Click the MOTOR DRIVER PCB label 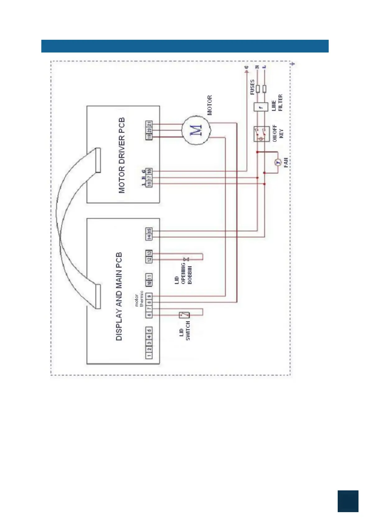(x=122, y=155)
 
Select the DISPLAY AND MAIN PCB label (x=119, y=296)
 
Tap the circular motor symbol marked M (x=196, y=130)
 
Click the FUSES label (x=252, y=87)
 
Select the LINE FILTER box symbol (x=261, y=107)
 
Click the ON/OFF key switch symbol (x=261, y=134)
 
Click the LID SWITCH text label (x=185, y=331)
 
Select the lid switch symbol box (x=184, y=315)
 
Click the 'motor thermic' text (x=139, y=299)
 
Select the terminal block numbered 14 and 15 (x=149, y=234)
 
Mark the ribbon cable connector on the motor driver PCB (x=98, y=160)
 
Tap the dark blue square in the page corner (x=348, y=501)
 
